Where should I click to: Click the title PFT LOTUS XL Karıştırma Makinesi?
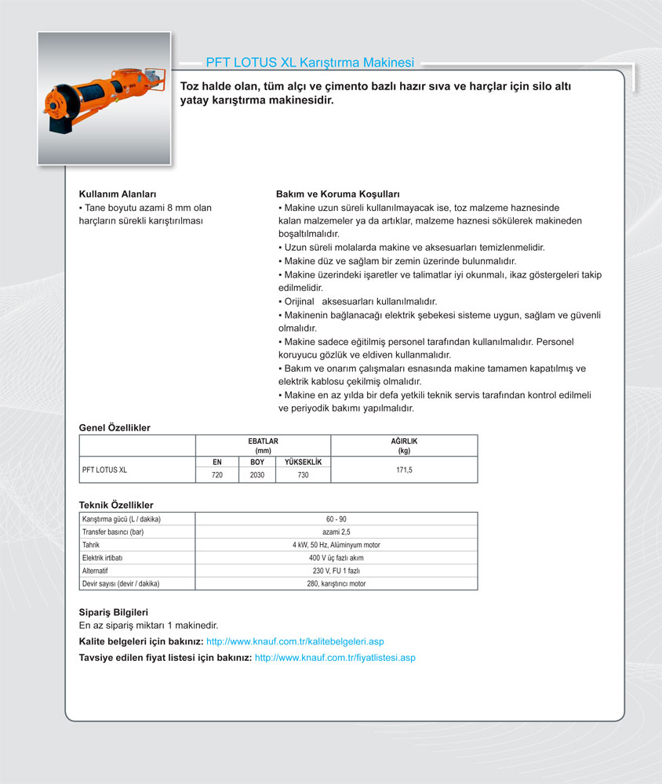[309, 64]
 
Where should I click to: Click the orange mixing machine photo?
[104, 98]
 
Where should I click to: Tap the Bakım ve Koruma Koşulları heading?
[338, 194]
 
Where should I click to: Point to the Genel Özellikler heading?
[115, 428]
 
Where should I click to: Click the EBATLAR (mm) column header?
[263, 446]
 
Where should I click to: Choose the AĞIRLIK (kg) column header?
[404, 446]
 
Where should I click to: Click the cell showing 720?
[217, 475]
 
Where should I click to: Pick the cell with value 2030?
[256, 475]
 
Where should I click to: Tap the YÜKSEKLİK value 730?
[303, 475]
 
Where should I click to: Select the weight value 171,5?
[404, 470]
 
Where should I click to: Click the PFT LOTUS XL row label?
[104, 470]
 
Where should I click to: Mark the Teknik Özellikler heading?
[116, 505]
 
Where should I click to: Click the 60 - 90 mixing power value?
[336, 519]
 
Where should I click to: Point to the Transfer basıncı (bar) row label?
[113, 532]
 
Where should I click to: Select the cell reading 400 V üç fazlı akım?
[336, 557]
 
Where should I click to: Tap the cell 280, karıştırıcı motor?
[336, 583]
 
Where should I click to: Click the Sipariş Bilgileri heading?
[114, 612]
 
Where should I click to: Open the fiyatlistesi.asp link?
[335, 658]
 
